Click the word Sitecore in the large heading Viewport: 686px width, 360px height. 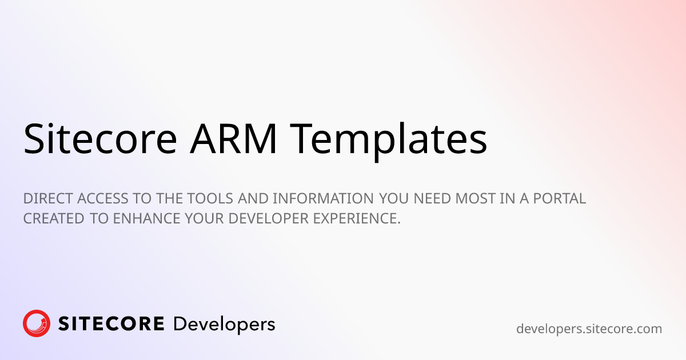(100, 138)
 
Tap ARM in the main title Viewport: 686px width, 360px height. (234, 138)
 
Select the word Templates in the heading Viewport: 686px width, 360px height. (388, 141)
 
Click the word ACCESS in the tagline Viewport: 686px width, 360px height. (102, 198)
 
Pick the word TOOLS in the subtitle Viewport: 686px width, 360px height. (210, 198)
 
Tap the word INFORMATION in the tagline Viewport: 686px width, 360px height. (323, 198)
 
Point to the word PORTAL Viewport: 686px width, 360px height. (560, 198)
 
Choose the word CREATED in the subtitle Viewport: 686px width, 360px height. (54, 218)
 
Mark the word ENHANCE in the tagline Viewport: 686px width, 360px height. (147, 218)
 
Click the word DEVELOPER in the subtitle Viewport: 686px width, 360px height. (269, 218)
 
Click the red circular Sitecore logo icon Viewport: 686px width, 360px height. (37, 323)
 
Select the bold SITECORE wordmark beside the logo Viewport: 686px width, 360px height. (111, 324)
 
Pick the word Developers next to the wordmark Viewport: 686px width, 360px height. (224, 325)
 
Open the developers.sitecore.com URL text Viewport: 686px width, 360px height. (589, 329)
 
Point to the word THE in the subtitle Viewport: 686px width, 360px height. (169, 198)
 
